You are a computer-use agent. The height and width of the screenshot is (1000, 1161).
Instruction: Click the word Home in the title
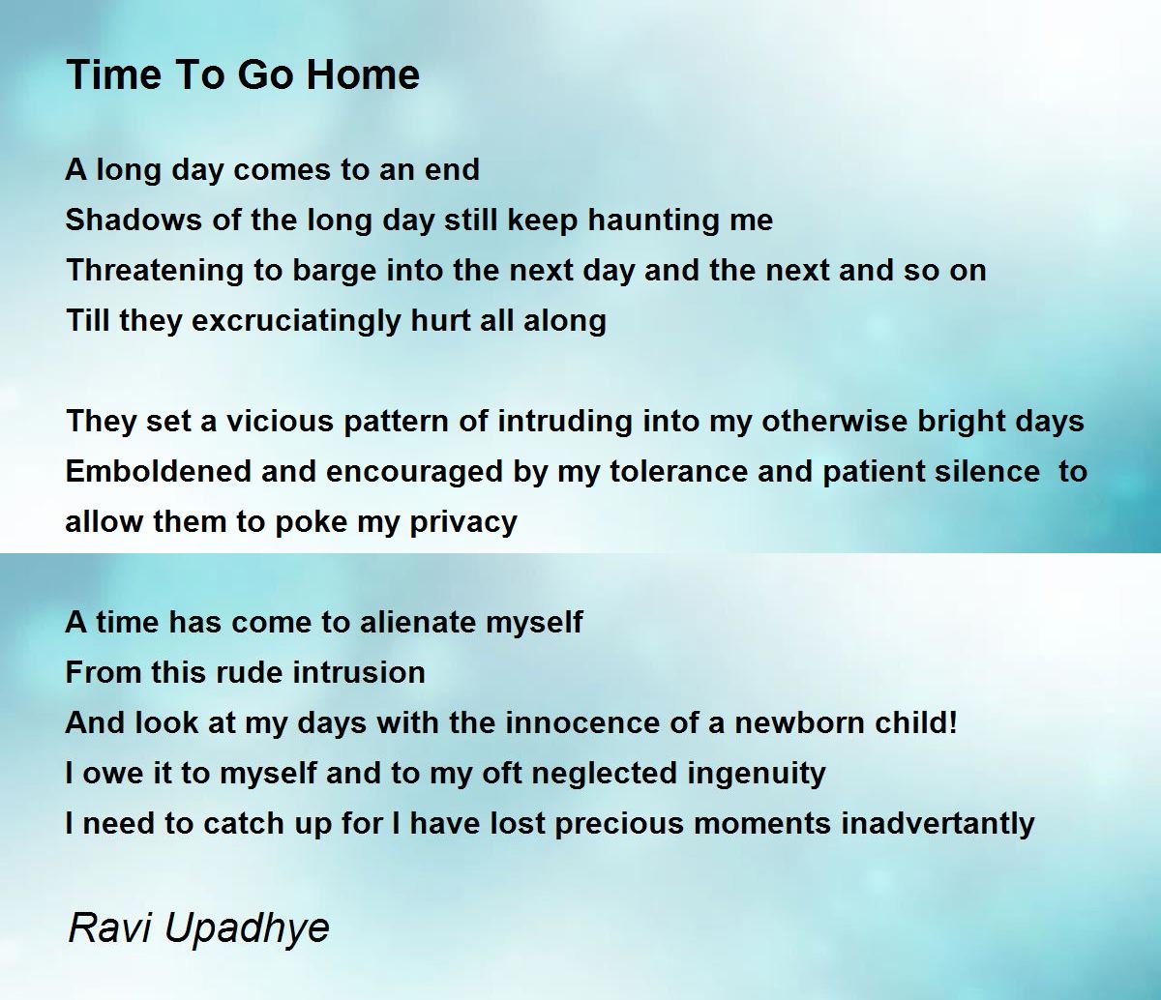tap(363, 74)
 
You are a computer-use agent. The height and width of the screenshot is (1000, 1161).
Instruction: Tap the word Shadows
tap(134, 220)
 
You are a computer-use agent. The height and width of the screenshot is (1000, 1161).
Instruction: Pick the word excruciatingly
tap(296, 322)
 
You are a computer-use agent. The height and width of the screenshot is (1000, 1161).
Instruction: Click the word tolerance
tap(678, 471)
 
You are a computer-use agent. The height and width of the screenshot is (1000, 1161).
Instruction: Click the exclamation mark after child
tap(952, 722)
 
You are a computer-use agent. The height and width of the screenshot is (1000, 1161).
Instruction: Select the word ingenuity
tap(757, 775)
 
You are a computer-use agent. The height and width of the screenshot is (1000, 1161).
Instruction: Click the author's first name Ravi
tap(110, 927)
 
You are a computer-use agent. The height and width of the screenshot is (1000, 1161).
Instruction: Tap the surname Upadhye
tap(247, 929)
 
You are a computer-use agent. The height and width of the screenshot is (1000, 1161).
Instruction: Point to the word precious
tap(619, 825)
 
